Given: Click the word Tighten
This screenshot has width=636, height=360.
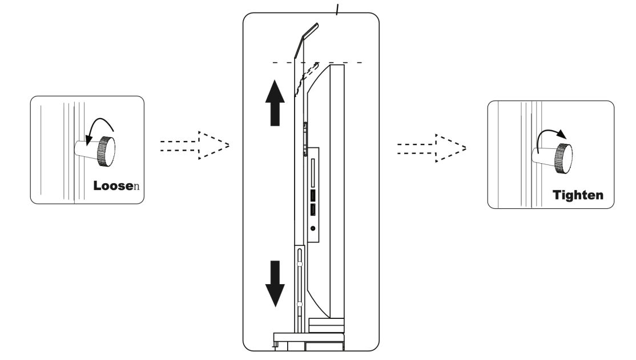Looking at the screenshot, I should click(x=577, y=195).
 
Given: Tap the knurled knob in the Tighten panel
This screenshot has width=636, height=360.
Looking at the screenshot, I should click(x=564, y=158).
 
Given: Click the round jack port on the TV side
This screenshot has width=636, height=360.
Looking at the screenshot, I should click(x=313, y=228).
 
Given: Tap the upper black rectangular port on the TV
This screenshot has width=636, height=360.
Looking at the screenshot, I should click(x=313, y=195).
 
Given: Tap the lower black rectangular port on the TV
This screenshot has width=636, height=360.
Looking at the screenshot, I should click(x=313, y=211).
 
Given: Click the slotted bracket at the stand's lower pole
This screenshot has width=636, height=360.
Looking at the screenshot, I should click(x=298, y=280).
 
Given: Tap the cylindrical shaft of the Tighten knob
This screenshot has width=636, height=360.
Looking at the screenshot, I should click(x=542, y=160).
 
